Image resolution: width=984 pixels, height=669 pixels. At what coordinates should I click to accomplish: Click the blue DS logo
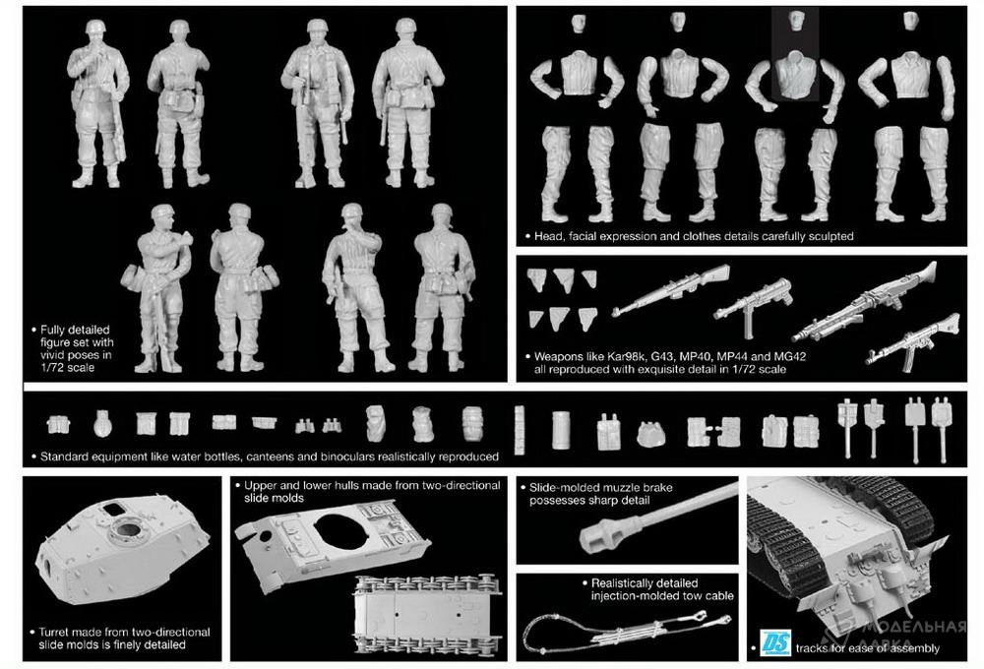[x=775, y=642]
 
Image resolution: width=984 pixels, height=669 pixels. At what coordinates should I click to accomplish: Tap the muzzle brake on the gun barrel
[x=595, y=535]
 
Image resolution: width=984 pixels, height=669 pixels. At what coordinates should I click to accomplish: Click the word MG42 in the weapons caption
[x=790, y=356]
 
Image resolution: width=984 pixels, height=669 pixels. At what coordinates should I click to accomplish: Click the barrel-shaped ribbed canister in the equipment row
[x=473, y=424]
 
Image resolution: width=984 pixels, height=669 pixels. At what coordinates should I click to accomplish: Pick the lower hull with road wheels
[x=428, y=616]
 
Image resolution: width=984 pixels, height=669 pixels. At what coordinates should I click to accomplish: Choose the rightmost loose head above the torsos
[x=911, y=21]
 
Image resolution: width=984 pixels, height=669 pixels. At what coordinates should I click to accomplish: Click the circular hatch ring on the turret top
[x=129, y=533]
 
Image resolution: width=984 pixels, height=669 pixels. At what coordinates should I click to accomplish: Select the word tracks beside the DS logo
[x=813, y=648]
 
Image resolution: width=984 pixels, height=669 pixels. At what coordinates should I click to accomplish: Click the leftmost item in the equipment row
[x=58, y=425]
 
